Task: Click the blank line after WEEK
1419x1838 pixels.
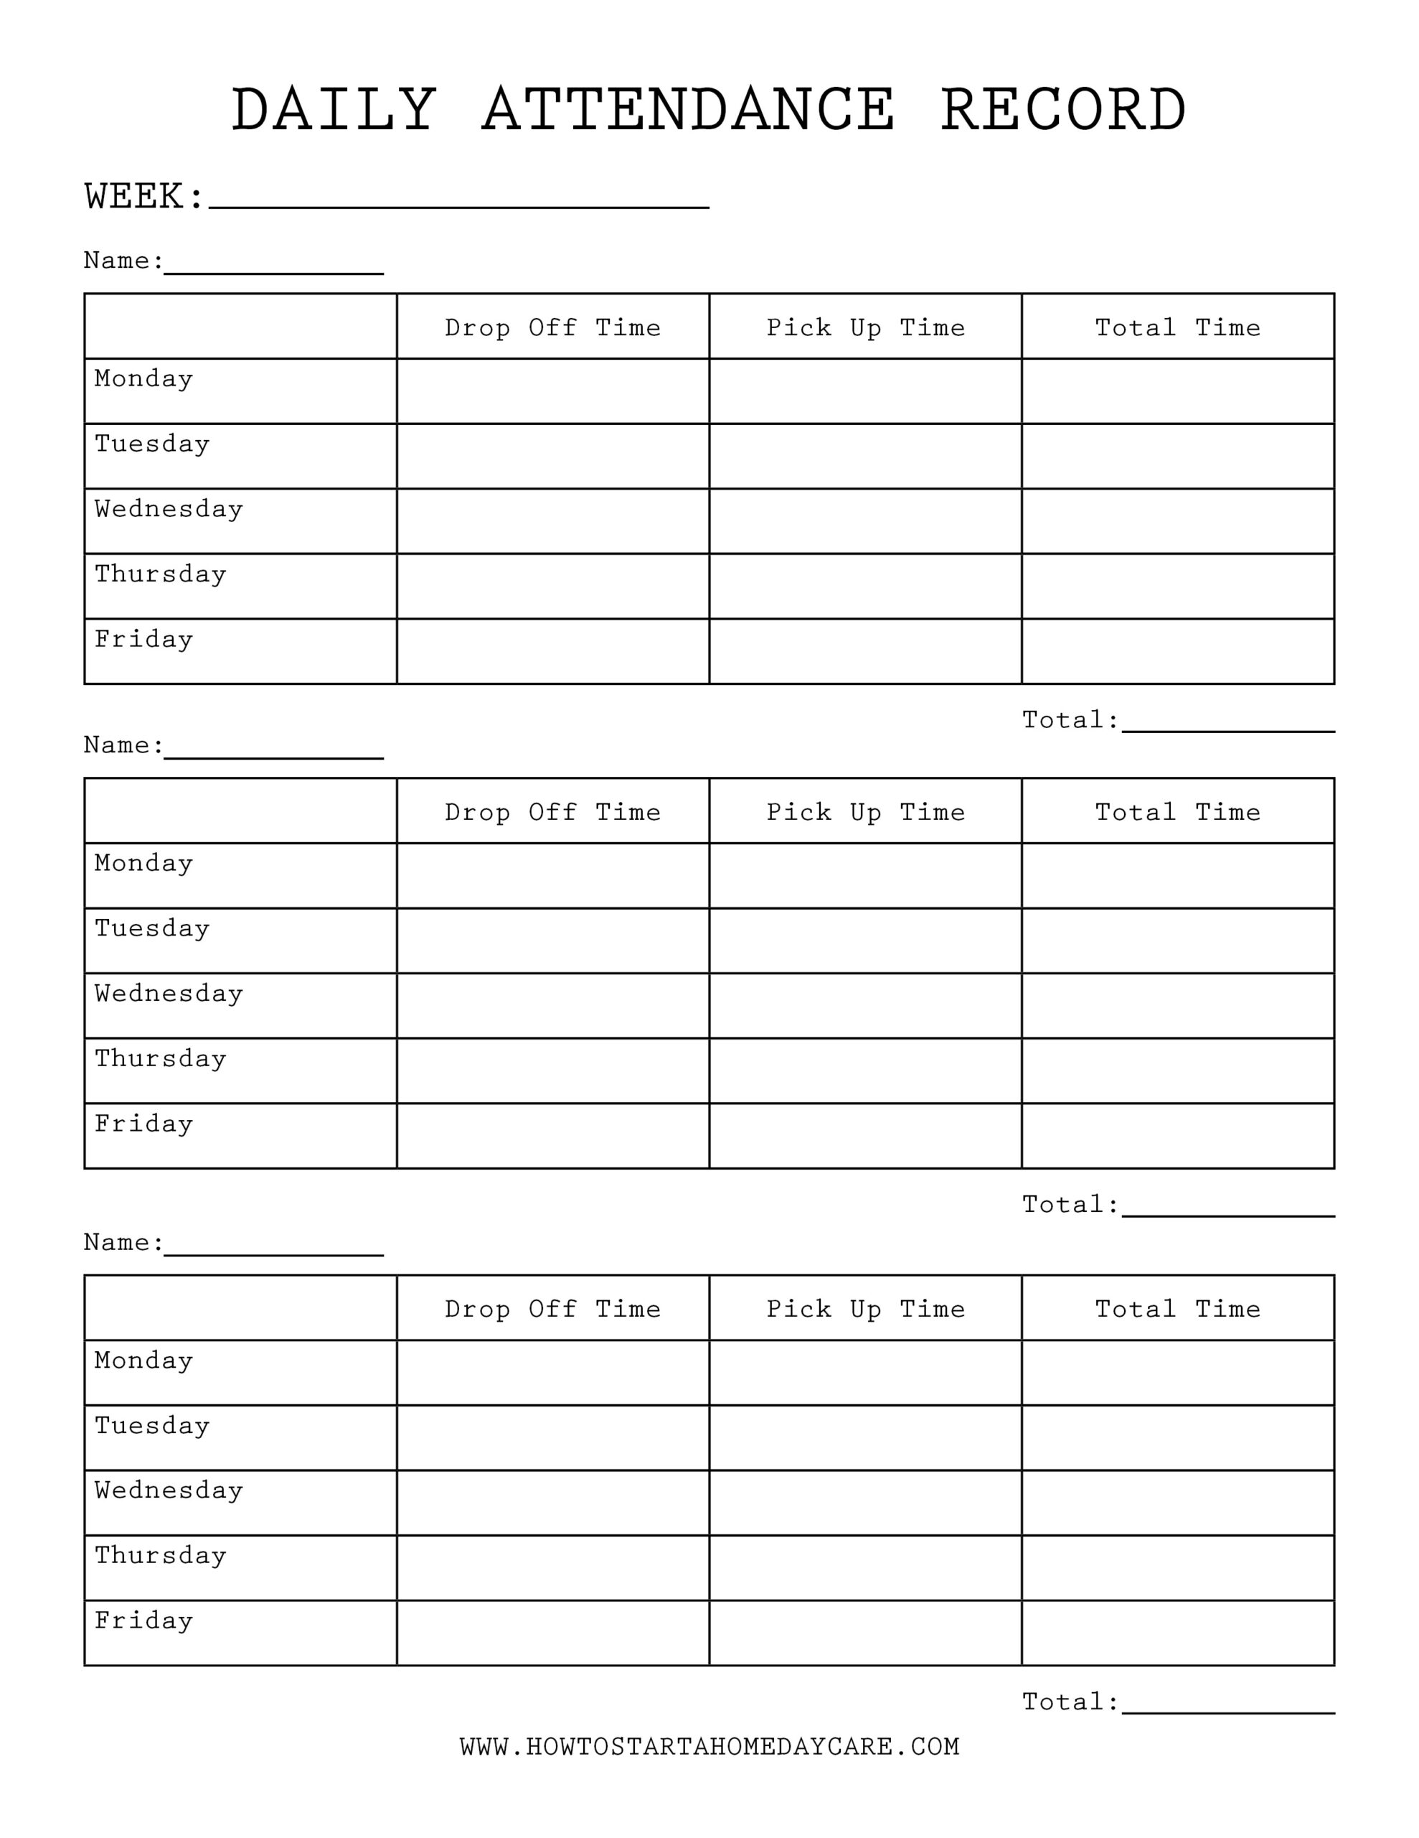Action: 458,202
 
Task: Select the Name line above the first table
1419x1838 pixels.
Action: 273,268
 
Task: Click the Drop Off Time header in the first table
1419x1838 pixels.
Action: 552,327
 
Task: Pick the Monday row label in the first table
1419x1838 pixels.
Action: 143,378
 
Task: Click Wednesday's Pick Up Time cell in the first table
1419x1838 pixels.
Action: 864,521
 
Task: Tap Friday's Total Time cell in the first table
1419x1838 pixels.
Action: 1177,651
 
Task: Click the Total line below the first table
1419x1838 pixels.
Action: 1227,725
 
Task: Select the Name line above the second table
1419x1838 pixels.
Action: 273,752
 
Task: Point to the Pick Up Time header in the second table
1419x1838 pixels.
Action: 864,812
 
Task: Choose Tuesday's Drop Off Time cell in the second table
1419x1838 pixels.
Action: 552,941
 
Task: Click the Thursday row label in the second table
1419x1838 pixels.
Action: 161,1059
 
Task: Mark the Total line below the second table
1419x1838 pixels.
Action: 1227,1210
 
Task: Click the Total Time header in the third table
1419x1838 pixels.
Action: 1177,1309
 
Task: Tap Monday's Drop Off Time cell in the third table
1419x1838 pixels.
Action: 552,1373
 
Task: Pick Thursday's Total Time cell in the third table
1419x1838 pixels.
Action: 1177,1568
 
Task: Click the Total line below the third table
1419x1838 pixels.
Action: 1227,1707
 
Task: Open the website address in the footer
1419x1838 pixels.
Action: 709,1747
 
